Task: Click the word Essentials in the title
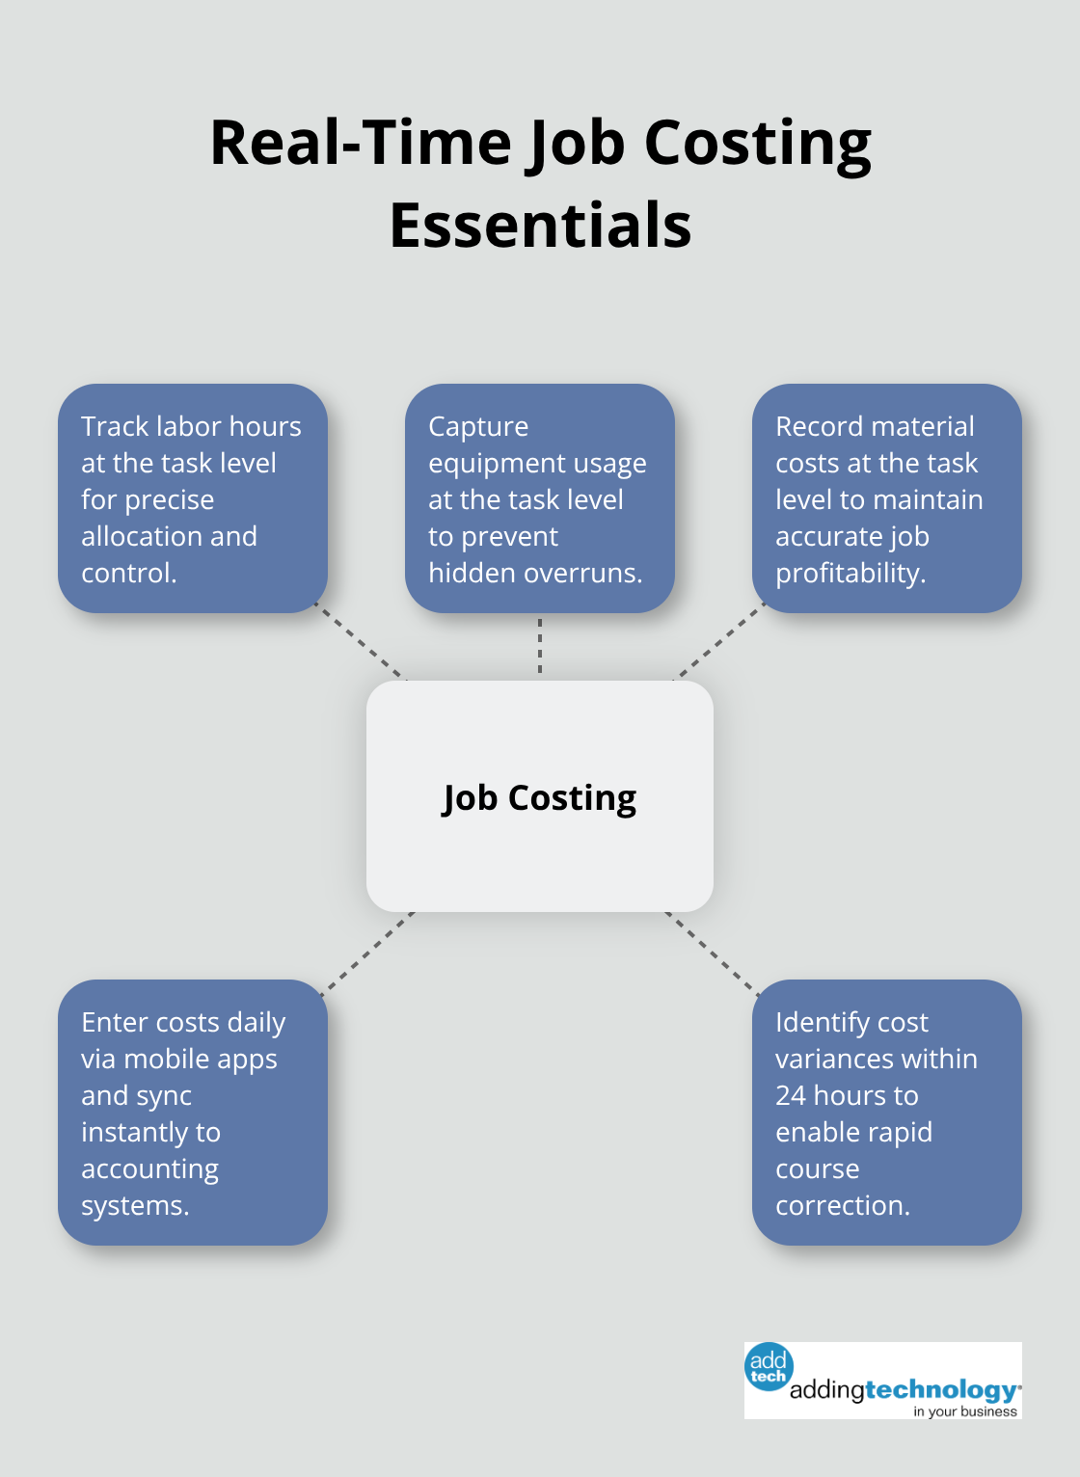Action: [540, 225]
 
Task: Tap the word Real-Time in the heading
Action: [360, 143]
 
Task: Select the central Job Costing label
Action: [539, 798]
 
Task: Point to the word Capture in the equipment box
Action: [477, 426]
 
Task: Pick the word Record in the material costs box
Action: [821, 426]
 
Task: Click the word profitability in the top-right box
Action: [850, 573]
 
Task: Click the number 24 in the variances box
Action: [790, 1095]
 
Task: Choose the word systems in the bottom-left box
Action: [134, 1205]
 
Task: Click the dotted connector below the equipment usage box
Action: [540, 647]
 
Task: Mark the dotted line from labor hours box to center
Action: [363, 643]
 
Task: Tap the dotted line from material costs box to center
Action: [717, 643]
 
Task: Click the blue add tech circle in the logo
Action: [769, 1366]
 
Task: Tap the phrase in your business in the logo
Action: [964, 1411]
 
